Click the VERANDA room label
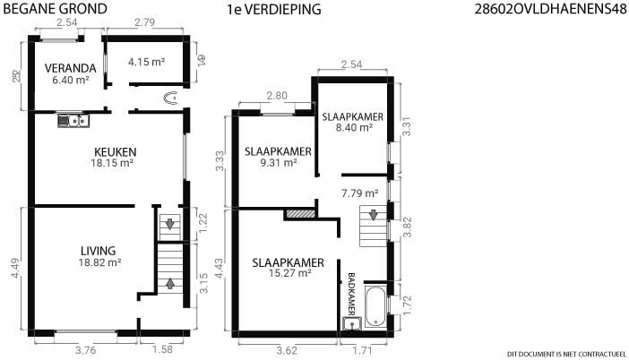pyautogui.click(x=70, y=68)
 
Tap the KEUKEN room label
pyautogui.click(x=115, y=152)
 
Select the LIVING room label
pyautogui.click(x=99, y=251)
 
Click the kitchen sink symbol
pyautogui.click(x=73, y=121)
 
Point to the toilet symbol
pyautogui.click(x=171, y=98)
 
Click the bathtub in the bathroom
pyautogui.click(x=375, y=306)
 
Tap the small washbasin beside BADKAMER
pyautogui.click(x=352, y=323)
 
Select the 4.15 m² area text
pyautogui.click(x=146, y=62)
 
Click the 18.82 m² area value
pyautogui.click(x=99, y=262)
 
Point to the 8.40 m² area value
pyautogui.click(x=354, y=127)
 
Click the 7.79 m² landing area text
pyautogui.click(x=360, y=193)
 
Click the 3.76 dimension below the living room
pyautogui.click(x=86, y=350)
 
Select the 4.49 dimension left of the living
pyautogui.click(x=15, y=268)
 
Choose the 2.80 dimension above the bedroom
pyautogui.click(x=277, y=96)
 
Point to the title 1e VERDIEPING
pyautogui.click(x=274, y=9)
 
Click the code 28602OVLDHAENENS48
pyautogui.click(x=550, y=9)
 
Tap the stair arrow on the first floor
pyautogui.click(x=373, y=215)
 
